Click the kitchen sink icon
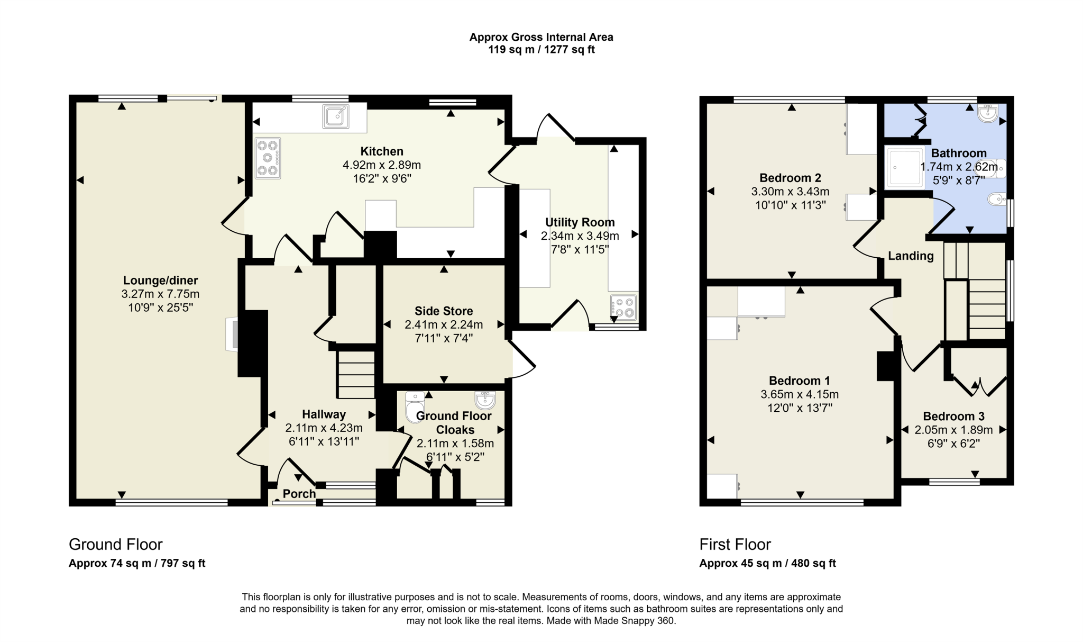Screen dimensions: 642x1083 pos(336,116)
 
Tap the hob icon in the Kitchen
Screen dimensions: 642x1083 pos(268,158)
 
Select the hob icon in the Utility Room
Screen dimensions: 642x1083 pos(623,308)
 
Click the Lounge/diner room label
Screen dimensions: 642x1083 pos(160,281)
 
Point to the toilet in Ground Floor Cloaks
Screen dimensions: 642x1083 pos(414,407)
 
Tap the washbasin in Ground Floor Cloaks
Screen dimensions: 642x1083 pos(485,400)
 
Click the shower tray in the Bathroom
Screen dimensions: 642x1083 pos(905,167)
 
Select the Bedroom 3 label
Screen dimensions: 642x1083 pos(953,416)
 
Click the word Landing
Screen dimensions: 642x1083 pos(911,256)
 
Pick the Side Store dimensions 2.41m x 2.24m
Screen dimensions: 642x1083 pos(444,324)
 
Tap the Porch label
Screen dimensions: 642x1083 pos(299,494)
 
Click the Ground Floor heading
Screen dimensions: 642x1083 pos(116,544)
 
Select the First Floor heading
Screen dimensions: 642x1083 pos(735,544)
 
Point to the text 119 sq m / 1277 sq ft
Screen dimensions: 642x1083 pos(541,50)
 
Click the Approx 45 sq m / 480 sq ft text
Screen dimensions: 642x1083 pos(767,563)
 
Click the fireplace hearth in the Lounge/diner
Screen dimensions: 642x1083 pos(232,334)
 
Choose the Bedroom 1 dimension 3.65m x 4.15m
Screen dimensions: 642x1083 pos(800,394)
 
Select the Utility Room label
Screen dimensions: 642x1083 pos(580,222)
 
